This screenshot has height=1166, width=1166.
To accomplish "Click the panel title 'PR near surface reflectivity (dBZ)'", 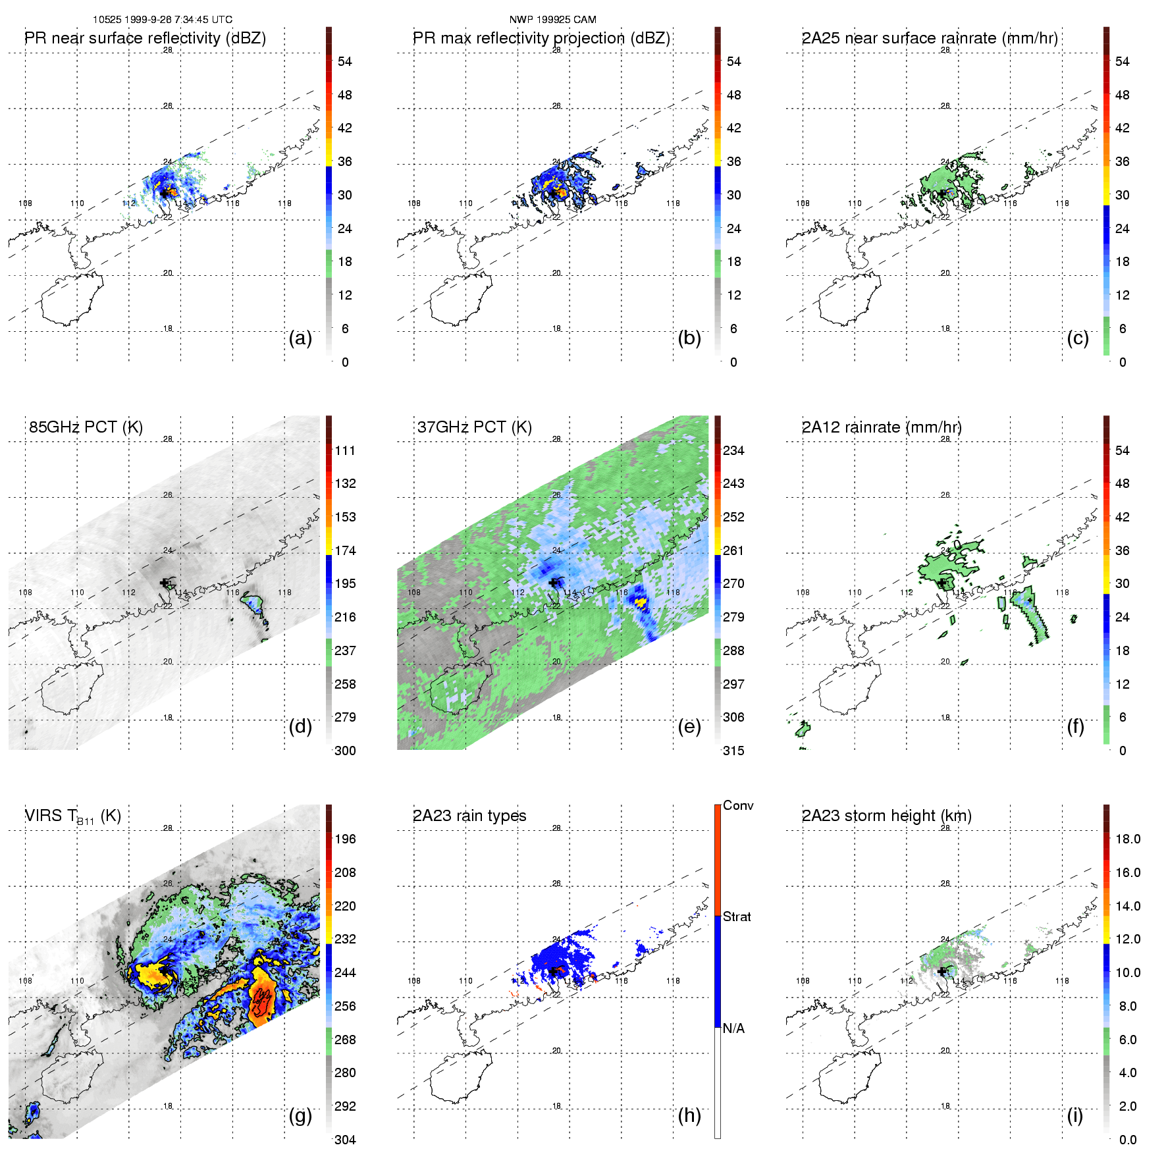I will (x=145, y=38).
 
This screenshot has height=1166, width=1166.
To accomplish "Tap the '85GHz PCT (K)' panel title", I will (x=86, y=427).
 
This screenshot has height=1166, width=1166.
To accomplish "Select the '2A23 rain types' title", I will (x=469, y=816).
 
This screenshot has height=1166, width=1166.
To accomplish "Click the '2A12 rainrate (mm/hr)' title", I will (x=882, y=427).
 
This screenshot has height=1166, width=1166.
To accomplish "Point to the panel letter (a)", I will (x=300, y=338).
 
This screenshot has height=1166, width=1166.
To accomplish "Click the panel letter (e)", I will (x=689, y=726).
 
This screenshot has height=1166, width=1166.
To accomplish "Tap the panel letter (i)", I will (x=1075, y=1115).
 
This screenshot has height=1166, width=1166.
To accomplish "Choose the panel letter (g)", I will (x=300, y=1115).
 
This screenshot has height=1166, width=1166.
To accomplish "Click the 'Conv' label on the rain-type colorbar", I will (x=738, y=805).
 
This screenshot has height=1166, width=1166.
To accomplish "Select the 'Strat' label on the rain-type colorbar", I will (x=737, y=916).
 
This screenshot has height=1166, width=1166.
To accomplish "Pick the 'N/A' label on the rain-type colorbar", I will (x=733, y=1028).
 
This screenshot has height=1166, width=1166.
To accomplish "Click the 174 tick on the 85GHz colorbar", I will (x=345, y=550).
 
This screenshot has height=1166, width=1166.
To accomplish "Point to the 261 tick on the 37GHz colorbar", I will (x=733, y=550).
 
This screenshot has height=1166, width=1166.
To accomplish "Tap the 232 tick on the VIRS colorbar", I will (x=345, y=939).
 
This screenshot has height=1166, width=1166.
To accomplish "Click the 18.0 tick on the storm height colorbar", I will (x=1128, y=839).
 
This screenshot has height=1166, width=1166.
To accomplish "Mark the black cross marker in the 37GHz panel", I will (x=553, y=582).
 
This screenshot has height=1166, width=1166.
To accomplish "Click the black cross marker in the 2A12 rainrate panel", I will (x=941, y=582).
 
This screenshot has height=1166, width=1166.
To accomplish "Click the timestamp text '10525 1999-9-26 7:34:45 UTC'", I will (x=163, y=20).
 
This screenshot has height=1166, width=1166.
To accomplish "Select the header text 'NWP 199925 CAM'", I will (x=553, y=20).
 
